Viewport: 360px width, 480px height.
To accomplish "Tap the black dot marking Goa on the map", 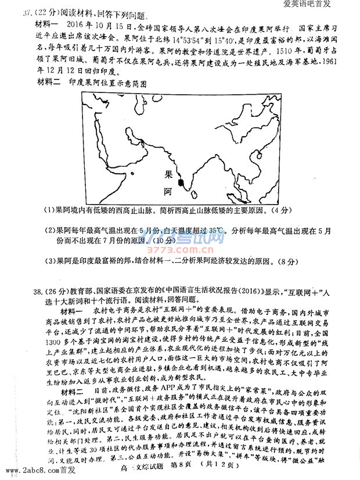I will click(x=182, y=183).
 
